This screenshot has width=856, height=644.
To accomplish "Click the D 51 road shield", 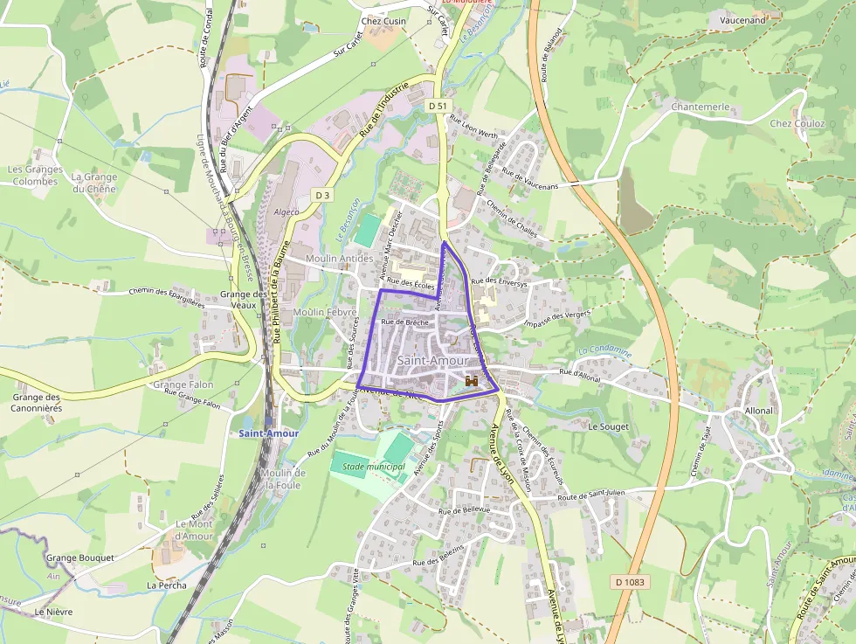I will pos(438,106).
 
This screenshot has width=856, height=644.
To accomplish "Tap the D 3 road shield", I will pos(323,195).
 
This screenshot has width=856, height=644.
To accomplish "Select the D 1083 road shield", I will pos(630,581).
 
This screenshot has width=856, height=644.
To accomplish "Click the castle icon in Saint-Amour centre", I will pos(472,381).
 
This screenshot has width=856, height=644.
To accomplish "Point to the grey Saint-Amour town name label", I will pos(432,361).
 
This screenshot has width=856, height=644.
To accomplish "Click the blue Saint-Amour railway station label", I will pos(269,433).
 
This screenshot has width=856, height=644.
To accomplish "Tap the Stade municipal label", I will pos(374,467).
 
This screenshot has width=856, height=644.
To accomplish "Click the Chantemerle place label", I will pos(701,107).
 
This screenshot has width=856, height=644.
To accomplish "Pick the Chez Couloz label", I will pos(797,123).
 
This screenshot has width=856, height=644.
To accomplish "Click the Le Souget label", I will pos(608,426).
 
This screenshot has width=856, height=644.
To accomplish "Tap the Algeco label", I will pos(287,211).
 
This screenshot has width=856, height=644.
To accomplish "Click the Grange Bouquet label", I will pos(80,557).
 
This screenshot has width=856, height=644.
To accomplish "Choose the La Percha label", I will pos(166,585).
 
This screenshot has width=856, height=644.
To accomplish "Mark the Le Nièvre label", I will pos(53,613).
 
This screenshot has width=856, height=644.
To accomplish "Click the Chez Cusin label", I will pos(383,21).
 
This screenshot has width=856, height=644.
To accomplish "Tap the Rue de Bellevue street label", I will pos(465,510).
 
